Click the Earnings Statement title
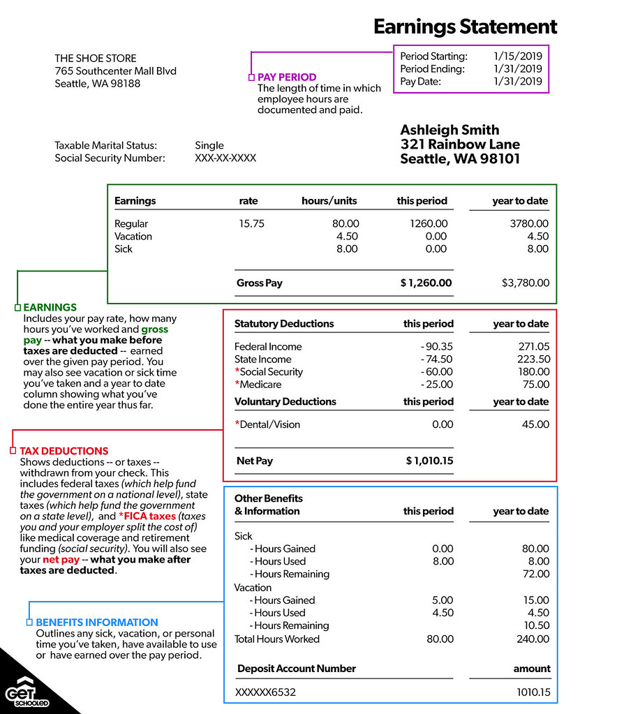(465, 27)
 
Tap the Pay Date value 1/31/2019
(517, 82)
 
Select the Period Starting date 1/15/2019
(517, 57)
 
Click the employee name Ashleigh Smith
(449, 130)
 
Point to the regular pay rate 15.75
(252, 224)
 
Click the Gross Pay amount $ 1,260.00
(426, 283)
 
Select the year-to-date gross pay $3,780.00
(526, 283)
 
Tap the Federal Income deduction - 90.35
(437, 347)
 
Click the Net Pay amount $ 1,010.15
(429, 461)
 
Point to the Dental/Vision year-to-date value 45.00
(535, 424)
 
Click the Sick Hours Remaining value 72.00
(535, 574)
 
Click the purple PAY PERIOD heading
(287, 77)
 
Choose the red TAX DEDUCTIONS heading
(64, 451)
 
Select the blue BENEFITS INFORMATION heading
(97, 622)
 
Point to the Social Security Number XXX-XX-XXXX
(225, 158)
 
